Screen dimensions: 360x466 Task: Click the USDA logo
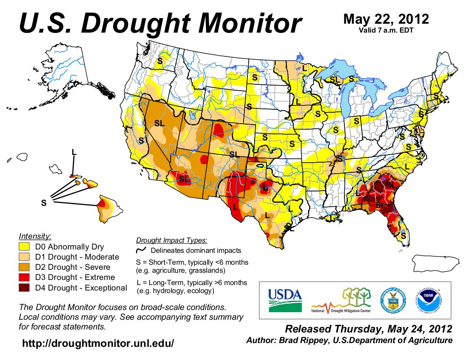click(285, 300)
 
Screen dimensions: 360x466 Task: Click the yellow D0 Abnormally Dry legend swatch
click(24, 246)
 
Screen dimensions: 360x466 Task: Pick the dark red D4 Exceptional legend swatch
click(24, 288)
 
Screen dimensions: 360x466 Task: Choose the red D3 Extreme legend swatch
click(24, 277)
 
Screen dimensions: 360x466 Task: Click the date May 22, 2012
click(386, 19)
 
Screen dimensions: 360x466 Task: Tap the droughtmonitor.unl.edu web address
click(98, 343)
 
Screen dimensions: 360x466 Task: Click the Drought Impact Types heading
click(172, 241)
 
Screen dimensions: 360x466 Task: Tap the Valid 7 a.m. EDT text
click(386, 30)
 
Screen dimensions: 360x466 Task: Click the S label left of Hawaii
click(43, 203)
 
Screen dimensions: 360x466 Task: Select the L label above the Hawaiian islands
click(74, 152)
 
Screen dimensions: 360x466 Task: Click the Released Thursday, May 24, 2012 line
click(369, 329)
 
